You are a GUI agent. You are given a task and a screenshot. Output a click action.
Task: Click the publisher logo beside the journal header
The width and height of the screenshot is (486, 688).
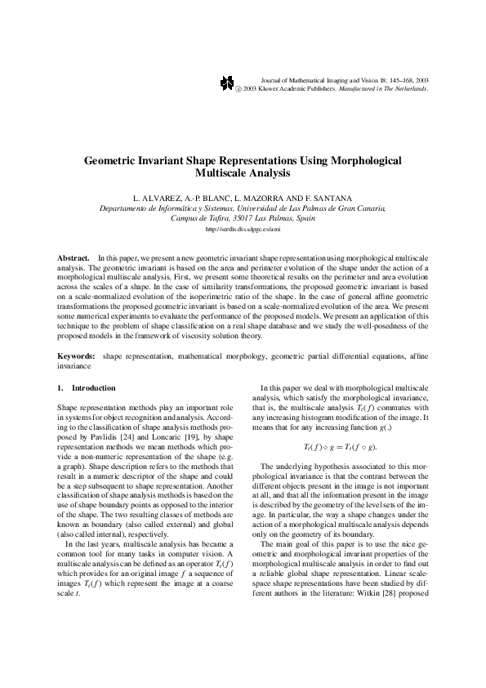pos(227,83)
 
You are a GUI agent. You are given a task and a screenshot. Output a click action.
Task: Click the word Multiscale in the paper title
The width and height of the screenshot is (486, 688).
pos(222,173)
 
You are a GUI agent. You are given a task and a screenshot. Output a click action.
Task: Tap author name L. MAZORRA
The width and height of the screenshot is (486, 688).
pos(257,199)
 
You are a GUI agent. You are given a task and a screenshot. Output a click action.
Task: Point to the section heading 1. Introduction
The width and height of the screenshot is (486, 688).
pos(87,387)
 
